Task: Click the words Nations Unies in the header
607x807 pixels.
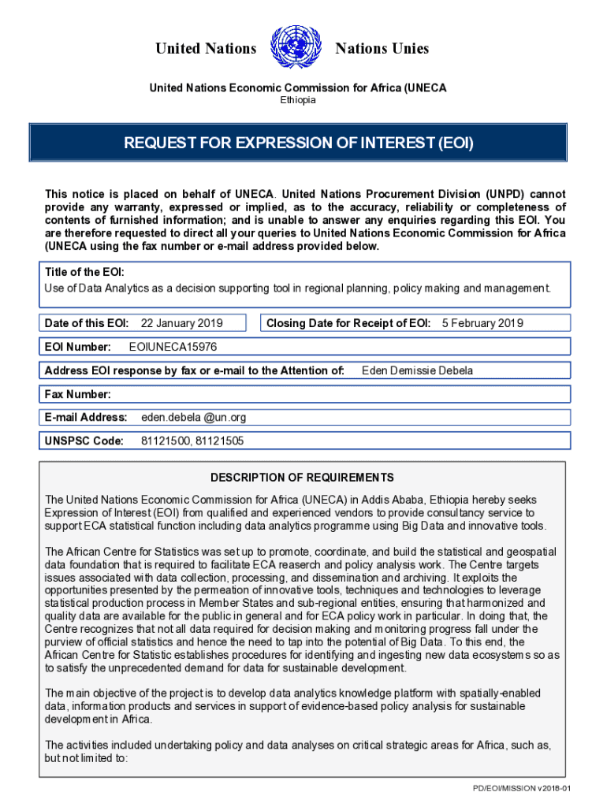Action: coord(382,49)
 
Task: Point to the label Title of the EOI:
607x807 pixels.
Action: coord(84,272)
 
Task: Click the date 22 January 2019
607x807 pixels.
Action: coord(181,323)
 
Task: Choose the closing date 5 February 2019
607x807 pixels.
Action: coord(482,323)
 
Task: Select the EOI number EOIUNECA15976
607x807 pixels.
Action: coord(173,347)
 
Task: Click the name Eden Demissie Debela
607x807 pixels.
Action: coord(417,370)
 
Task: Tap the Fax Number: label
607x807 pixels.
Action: coord(78,394)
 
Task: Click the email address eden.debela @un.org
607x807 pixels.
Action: coord(193,417)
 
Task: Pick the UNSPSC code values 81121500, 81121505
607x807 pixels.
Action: coord(192,441)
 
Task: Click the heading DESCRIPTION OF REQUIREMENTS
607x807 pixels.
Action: coord(302,478)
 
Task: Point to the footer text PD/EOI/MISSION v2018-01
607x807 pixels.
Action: coord(521,789)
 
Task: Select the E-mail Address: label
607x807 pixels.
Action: coord(86,417)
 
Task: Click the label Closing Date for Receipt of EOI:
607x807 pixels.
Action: coord(348,323)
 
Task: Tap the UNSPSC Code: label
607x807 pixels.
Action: coord(84,441)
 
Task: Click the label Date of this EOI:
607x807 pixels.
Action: coord(87,323)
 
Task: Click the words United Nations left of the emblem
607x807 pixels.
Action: coord(206,49)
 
